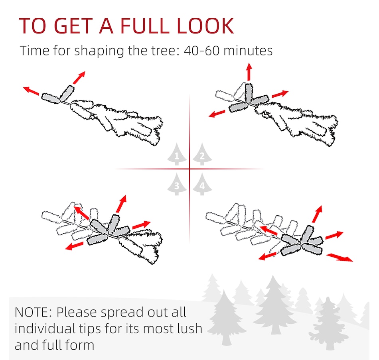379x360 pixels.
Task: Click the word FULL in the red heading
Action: pos(144,26)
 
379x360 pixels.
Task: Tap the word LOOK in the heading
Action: pos(205,26)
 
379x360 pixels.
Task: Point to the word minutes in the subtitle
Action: pos(248,51)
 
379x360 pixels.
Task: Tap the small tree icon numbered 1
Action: pos(177,154)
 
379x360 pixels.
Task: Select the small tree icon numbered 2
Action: pos(202,154)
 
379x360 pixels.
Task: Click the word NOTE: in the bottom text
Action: pos(34,312)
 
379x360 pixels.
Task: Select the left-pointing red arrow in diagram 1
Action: pos(31,91)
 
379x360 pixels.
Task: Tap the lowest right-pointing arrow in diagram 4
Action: pos(340,258)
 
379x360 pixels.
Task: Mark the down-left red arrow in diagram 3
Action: pos(75,246)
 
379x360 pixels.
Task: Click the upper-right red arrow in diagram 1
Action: pos(79,77)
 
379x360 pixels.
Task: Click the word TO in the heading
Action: pos(32,26)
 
